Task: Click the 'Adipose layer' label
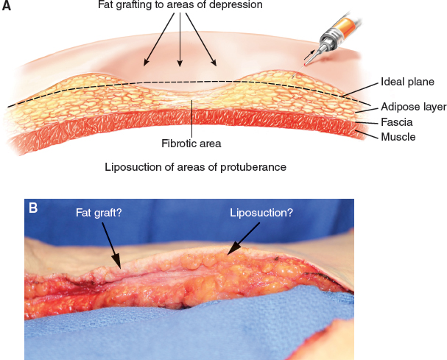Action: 413,107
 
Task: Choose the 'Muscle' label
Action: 397,137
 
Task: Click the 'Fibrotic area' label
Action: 191,144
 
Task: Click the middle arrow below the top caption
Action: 180,40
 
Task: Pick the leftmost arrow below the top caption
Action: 158,40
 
